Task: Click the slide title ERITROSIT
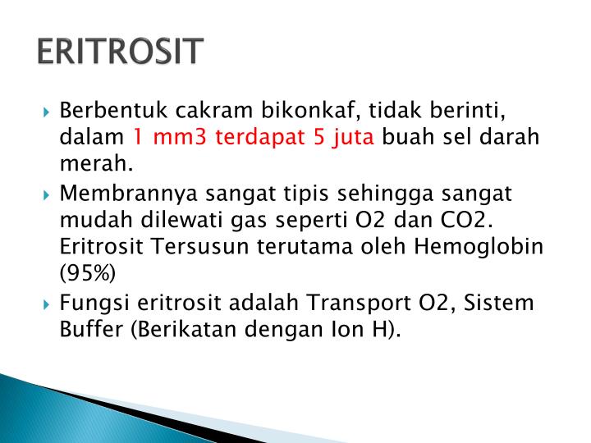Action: point(120,51)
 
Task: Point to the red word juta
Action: point(355,137)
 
